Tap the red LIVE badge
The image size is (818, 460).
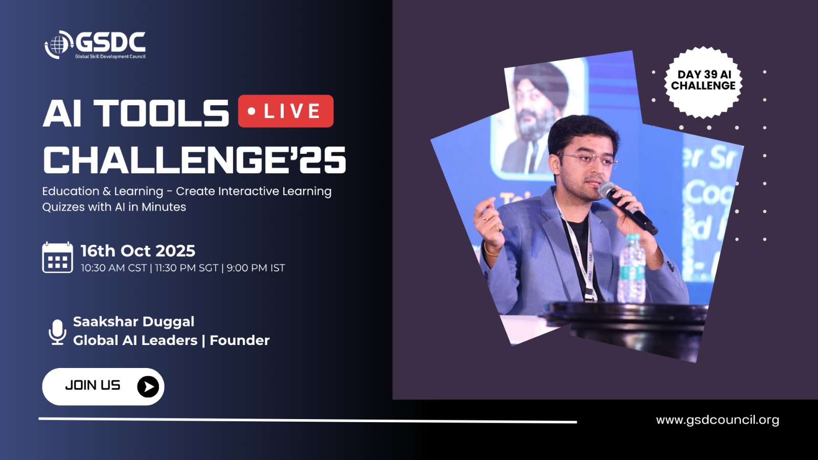(x=286, y=111)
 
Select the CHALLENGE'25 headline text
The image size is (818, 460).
(x=194, y=159)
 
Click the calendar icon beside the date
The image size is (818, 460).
(x=57, y=257)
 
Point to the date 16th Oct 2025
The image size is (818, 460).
(x=138, y=251)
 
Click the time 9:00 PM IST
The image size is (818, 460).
(x=256, y=268)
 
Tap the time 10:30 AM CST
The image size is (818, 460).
(x=113, y=268)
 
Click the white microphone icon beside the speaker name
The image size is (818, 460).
(x=57, y=332)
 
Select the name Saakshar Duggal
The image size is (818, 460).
(x=133, y=321)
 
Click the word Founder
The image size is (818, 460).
(x=240, y=340)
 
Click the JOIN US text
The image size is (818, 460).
(x=93, y=385)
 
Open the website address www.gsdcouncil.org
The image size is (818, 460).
(x=718, y=420)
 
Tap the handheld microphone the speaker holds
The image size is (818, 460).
(x=627, y=208)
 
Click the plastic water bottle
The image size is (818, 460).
(x=632, y=268)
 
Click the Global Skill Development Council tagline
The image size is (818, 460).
(x=110, y=57)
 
